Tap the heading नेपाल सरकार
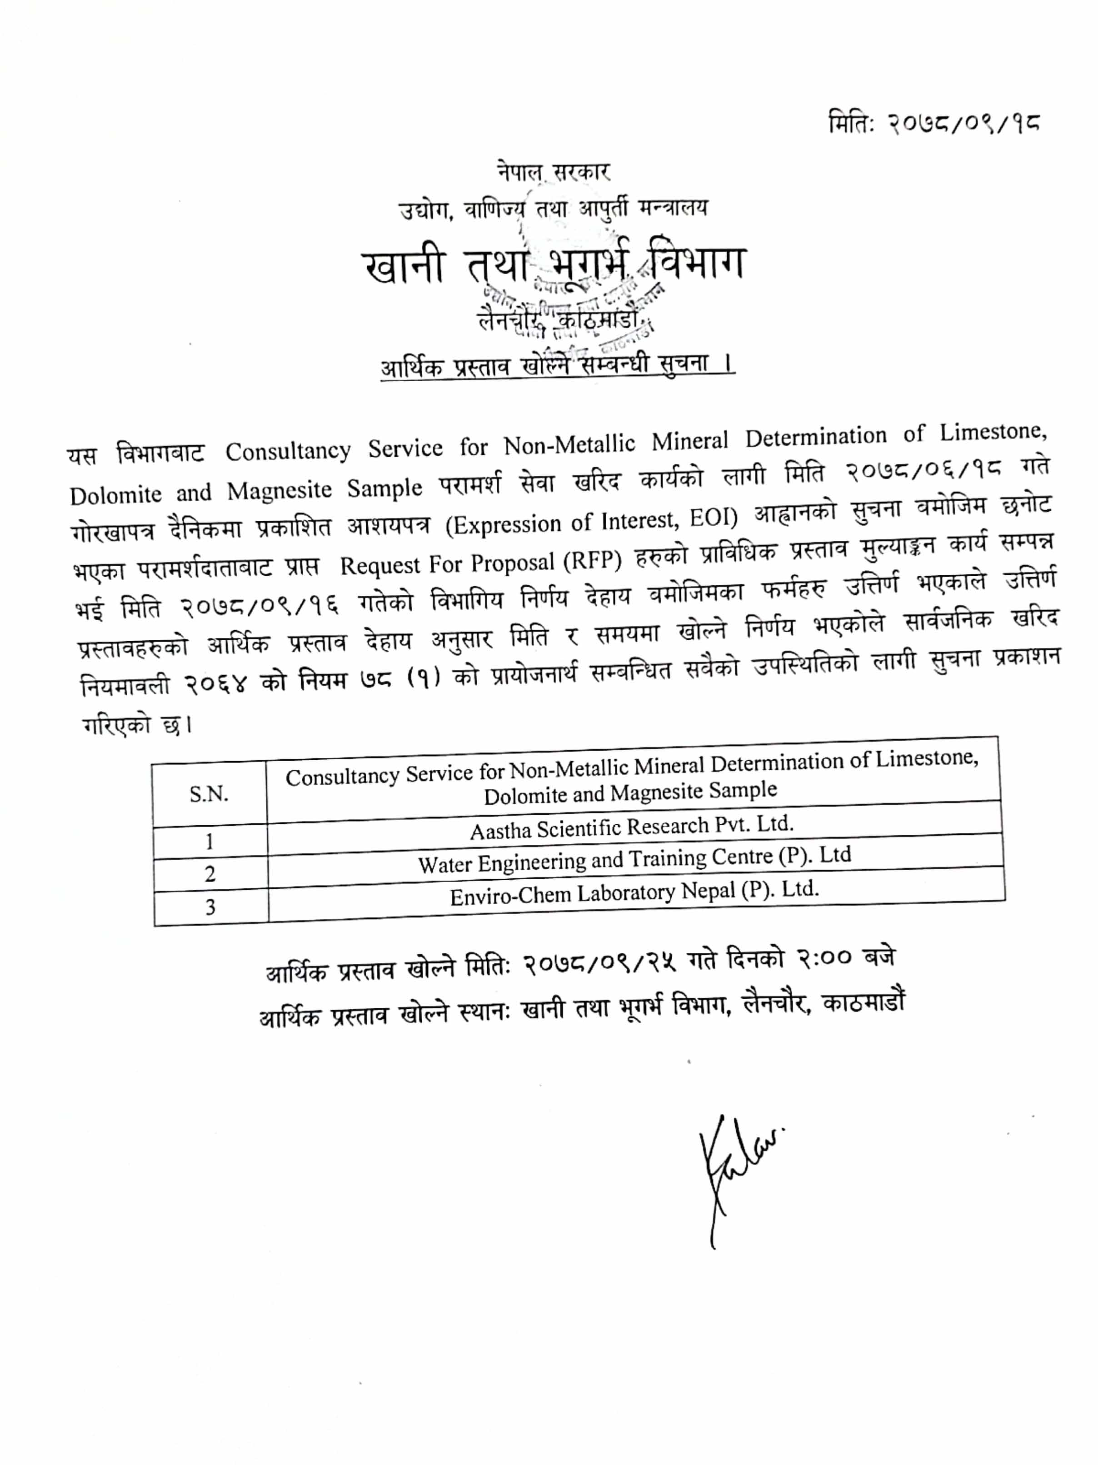(554, 172)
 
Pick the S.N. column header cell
(209, 793)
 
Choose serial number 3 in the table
(210, 907)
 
